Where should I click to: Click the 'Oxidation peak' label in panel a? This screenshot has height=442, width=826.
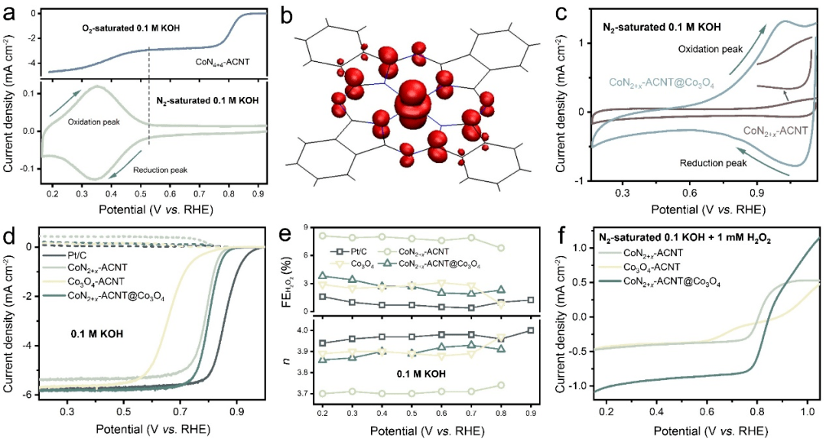pyautogui.click(x=90, y=121)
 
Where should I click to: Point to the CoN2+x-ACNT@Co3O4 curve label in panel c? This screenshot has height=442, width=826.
pyautogui.click(x=662, y=81)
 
